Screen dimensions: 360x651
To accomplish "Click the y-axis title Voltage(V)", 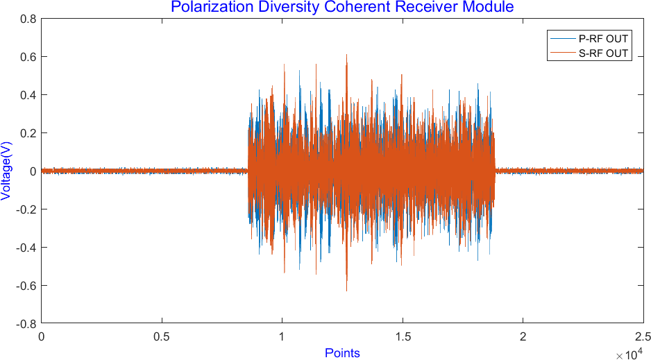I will [x=6, y=171].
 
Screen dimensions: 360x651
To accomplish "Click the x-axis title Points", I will [x=342, y=353].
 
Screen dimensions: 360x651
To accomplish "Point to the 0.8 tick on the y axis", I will [x=28, y=19].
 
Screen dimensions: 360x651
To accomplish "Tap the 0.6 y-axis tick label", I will [x=28, y=57].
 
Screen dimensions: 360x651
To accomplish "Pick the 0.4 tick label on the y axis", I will [x=28, y=95].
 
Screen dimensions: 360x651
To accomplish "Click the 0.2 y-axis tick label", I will [x=28, y=133].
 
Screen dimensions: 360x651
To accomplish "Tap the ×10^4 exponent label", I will [x=629, y=355].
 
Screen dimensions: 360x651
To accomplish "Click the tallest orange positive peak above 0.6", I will [x=346, y=55].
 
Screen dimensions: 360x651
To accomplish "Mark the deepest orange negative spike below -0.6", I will [x=346, y=289].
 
